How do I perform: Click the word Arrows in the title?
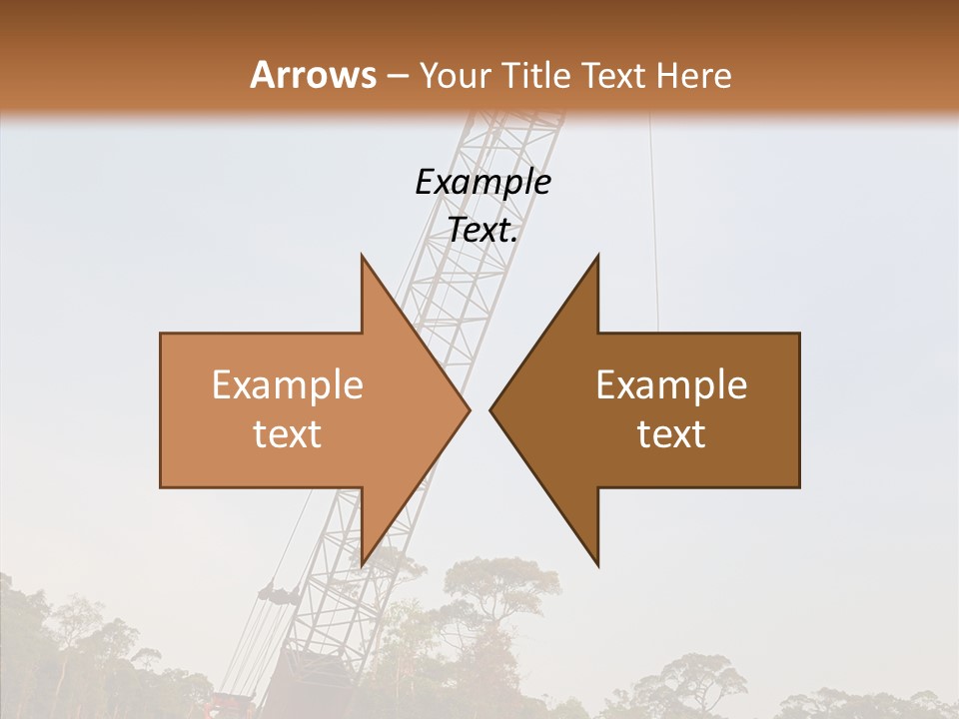(313, 75)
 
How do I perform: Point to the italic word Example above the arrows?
(482, 182)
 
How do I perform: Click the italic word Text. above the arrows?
(482, 230)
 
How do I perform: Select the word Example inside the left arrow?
(287, 385)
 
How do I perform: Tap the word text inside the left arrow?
(287, 434)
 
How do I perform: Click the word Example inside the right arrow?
(671, 385)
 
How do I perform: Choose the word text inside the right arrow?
(671, 434)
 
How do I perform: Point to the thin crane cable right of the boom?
(654, 220)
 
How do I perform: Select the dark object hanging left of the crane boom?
(278, 594)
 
